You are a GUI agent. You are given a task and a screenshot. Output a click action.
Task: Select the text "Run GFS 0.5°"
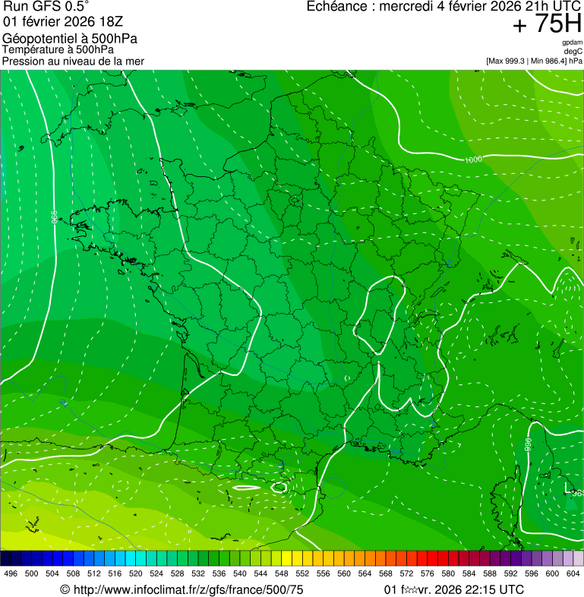point(46,8)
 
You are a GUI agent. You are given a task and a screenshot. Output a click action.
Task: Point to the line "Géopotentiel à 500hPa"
point(70,39)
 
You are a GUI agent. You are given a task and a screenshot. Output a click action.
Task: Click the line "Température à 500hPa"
point(58,49)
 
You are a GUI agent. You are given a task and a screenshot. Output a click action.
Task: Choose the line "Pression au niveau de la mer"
point(73,61)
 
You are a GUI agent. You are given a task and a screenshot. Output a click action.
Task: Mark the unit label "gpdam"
point(572,43)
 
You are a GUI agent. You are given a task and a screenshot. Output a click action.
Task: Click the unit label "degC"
point(574,51)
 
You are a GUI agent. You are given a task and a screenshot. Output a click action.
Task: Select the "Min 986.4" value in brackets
point(551,61)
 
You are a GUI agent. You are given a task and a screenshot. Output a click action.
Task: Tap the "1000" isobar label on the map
point(473,160)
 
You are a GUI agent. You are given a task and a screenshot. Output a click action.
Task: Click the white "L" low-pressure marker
point(567,487)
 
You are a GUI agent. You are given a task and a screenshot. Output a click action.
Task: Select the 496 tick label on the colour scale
point(11,573)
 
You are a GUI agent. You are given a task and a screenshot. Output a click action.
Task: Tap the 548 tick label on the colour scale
point(281,573)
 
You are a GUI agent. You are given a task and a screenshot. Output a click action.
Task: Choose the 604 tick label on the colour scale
point(573,573)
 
